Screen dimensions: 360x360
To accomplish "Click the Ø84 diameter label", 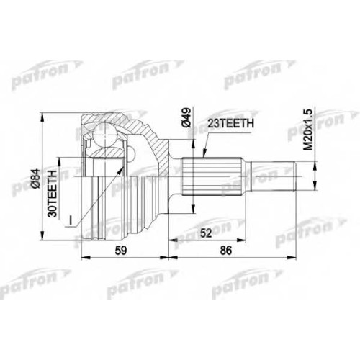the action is pyautogui.click(x=35, y=179).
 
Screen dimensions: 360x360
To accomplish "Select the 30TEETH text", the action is pyautogui.click(x=52, y=194).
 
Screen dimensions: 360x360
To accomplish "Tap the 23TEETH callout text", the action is pyautogui.click(x=230, y=123).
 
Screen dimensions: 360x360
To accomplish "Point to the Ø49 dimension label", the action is pyautogui.click(x=186, y=117).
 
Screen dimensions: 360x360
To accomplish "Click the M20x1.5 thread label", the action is pyautogui.click(x=308, y=130).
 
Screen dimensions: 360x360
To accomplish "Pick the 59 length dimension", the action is pyautogui.click(x=121, y=251).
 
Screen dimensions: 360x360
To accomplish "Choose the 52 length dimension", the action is pyautogui.click(x=206, y=233).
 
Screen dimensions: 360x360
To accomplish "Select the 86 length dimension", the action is pyautogui.click(x=226, y=251).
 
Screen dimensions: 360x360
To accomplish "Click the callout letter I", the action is pyautogui.click(x=71, y=220).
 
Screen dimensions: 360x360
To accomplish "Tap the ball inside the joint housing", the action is pyautogui.click(x=104, y=135).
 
